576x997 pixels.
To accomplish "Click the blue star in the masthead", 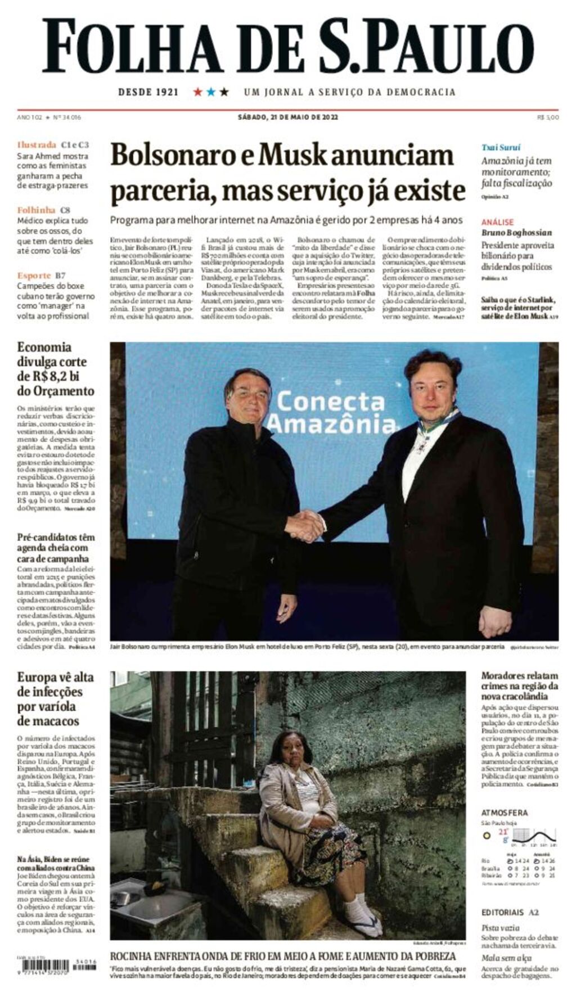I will [x=211, y=92].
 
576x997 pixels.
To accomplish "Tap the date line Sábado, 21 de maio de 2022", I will [x=287, y=118].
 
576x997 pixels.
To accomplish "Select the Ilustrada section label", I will [x=37, y=145].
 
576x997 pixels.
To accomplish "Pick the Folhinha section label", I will [x=36, y=210].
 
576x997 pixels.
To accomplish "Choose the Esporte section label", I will [x=34, y=276].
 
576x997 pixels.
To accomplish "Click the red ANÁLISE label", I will [x=497, y=222].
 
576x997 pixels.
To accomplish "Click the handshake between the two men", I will [x=305, y=526].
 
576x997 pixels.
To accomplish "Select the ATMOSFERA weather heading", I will [x=505, y=813].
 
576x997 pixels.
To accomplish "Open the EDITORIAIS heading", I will [x=502, y=913].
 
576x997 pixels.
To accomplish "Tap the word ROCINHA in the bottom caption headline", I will [x=134, y=957].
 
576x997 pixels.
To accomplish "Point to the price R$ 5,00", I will [x=547, y=118].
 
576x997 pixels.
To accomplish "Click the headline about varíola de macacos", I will [x=55, y=699].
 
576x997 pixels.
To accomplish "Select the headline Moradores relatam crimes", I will [x=519, y=686].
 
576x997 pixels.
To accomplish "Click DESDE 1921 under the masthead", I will [x=148, y=92].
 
